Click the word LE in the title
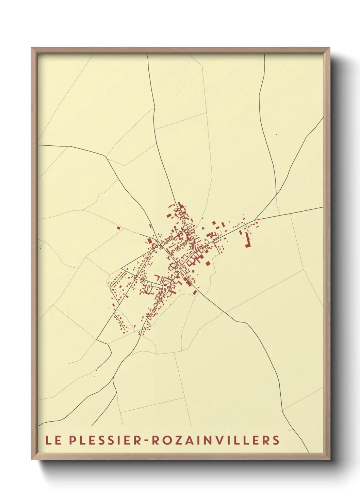(54, 440)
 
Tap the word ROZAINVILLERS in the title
(215, 440)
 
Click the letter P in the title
(73, 440)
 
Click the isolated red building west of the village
(118, 228)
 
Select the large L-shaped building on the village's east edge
(248, 241)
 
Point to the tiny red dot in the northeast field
(276, 135)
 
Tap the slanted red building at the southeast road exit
(195, 292)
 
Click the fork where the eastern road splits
(255, 219)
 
